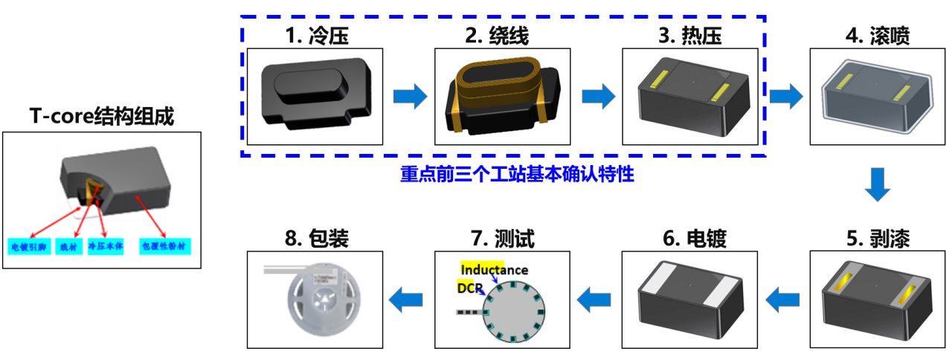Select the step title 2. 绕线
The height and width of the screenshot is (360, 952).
pyautogui.click(x=501, y=35)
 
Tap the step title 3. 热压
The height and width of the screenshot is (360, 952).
pyautogui.click(x=691, y=35)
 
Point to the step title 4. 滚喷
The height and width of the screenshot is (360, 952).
pyautogui.click(x=878, y=35)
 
